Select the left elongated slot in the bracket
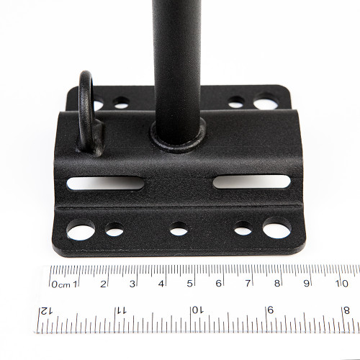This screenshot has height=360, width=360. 105,183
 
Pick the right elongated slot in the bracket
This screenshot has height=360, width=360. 251,181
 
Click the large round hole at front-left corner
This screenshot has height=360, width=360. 81,230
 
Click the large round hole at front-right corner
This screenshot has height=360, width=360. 277,228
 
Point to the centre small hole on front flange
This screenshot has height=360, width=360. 179,229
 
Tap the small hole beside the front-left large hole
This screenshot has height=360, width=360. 114,230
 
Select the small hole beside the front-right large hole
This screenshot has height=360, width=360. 243,228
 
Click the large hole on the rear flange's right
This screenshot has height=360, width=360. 266,102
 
